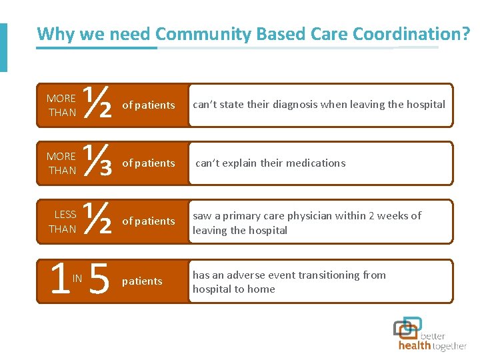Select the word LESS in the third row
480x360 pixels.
click(65, 215)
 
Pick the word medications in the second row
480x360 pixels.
click(316, 163)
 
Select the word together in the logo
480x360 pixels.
click(450, 346)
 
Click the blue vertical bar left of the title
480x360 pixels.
click(3, 47)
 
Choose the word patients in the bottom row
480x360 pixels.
click(142, 281)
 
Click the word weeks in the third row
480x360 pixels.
click(393, 215)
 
